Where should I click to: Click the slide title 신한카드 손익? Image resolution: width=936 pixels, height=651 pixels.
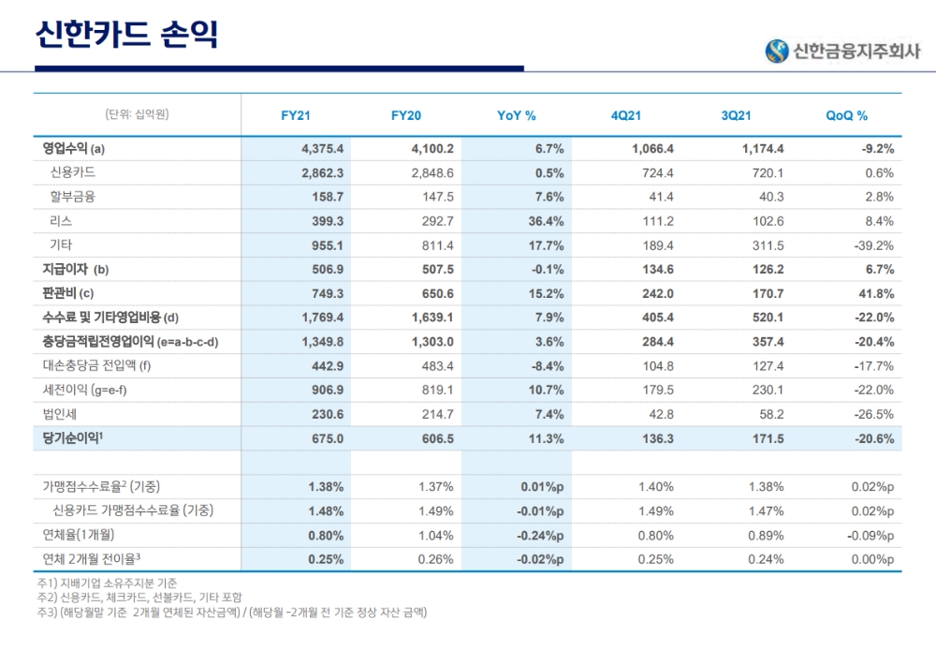[x=126, y=36]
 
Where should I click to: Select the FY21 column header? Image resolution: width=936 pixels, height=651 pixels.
[x=296, y=116]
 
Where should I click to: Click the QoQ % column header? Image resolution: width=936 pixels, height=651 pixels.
[x=846, y=116]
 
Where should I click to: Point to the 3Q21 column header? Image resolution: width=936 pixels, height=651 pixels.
[x=736, y=116]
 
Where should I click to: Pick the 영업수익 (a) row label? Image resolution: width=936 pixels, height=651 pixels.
[x=74, y=149]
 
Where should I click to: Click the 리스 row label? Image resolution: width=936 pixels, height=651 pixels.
[x=61, y=221]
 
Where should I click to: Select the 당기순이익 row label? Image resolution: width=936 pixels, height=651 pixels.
[x=76, y=437]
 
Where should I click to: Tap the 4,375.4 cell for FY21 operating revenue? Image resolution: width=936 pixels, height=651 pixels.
[x=324, y=149]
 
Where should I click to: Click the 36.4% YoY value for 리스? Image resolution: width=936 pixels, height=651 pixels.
[x=544, y=221]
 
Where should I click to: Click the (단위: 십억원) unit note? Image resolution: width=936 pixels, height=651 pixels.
[x=138, y=115]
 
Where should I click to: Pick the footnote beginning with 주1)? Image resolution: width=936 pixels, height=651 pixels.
[x=107, y=584]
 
